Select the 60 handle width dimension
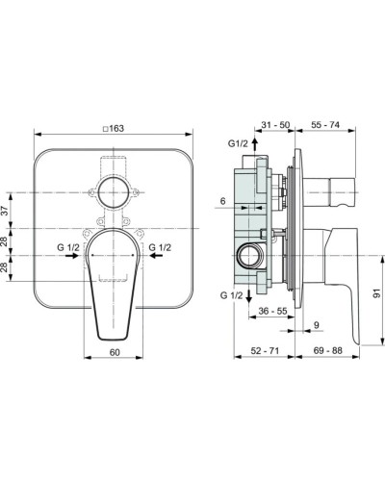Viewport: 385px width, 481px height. (x=115, y=353)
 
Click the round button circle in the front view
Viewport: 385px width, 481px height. (x=115, y=192)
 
